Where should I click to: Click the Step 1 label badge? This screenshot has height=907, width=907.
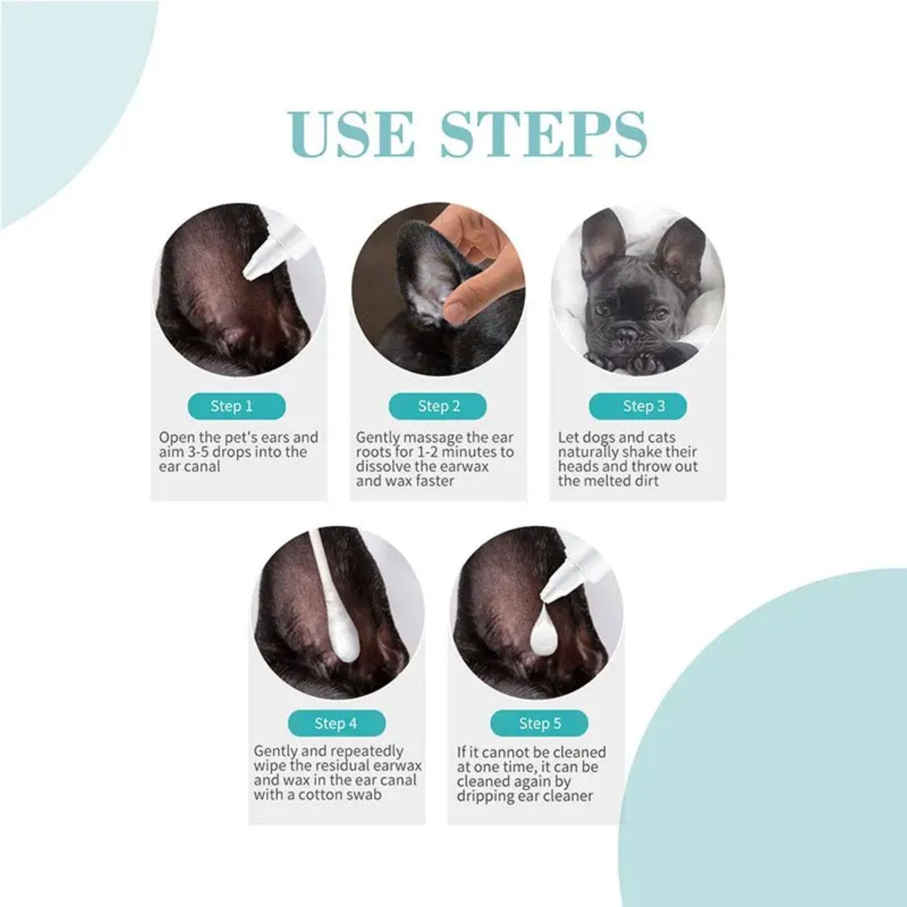pos(236,406)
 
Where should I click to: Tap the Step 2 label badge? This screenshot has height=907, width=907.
pos(437,406)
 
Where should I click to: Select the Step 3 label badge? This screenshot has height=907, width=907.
pos(637,406)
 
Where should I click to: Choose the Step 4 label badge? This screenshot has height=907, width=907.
pos(336,723)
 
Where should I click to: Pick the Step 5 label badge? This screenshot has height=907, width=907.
pos(539,723)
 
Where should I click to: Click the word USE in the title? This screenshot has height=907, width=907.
pos(352,134)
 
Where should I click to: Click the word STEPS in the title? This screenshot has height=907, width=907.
pos(543,134)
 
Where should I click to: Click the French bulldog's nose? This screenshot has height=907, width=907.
pos(626,335)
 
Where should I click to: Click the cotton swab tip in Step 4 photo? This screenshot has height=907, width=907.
pos(344,643)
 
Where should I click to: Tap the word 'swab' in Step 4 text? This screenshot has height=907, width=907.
pos(364,795)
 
